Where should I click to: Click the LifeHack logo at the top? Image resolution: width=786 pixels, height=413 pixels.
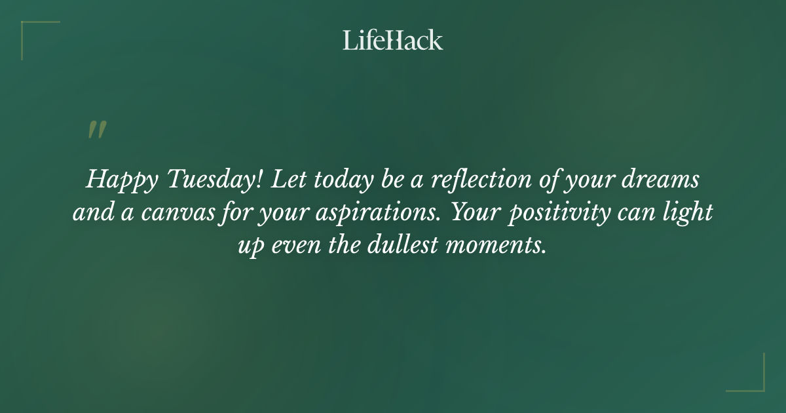[x=393, y=40]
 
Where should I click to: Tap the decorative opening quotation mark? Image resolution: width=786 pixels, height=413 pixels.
[x=97, y=130]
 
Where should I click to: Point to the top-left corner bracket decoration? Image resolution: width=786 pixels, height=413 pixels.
[x=33, y=31]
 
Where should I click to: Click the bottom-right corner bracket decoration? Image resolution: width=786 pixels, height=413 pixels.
[x=753, y=380]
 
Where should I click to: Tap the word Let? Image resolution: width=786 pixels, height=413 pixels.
[x=286, y=180]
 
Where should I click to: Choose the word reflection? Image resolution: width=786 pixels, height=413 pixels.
[x=478, y=180]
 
